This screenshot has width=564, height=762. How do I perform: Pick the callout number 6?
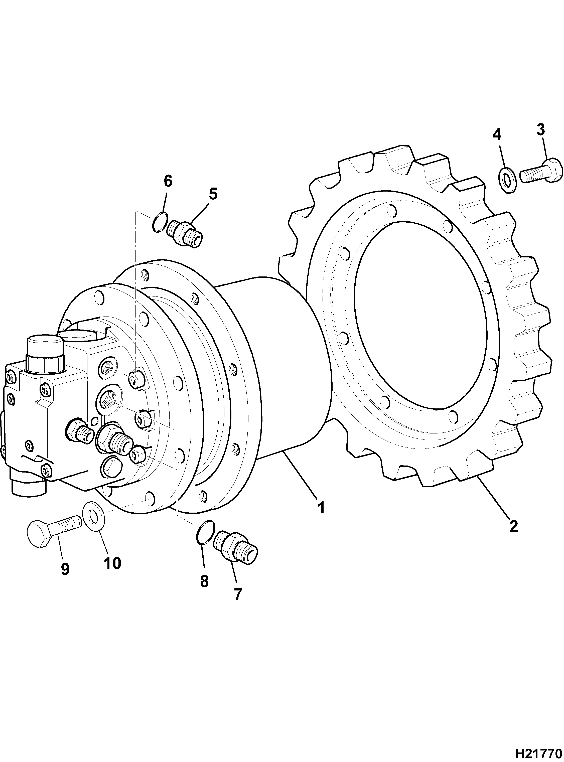168,181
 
